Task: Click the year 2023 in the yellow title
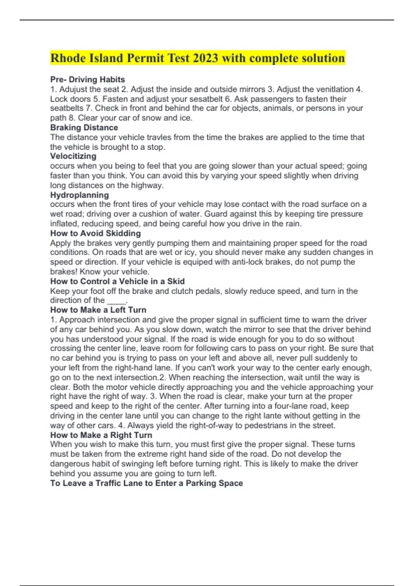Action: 205,58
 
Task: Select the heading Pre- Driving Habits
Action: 88,80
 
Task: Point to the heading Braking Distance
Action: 84,128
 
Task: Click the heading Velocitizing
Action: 73,156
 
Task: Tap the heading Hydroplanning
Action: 79,195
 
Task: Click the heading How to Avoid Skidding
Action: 96,233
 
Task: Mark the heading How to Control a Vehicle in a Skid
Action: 117,281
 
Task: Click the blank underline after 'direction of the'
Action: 117,301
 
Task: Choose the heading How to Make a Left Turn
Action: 98,310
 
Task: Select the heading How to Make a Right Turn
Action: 101,435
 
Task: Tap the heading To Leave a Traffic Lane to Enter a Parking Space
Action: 147,483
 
